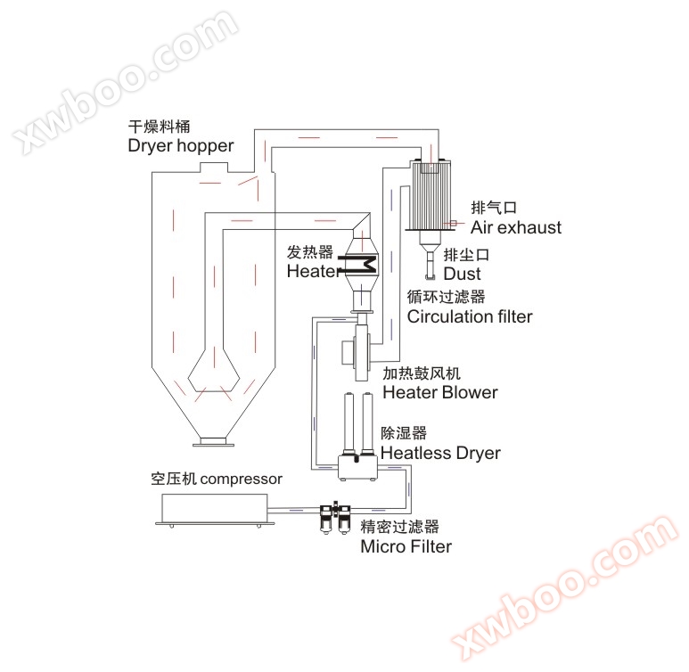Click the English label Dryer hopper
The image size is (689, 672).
181,146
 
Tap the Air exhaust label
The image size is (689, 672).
516,227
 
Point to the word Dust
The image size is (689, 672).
462,274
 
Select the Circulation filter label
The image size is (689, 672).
470,316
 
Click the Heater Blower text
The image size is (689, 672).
440,392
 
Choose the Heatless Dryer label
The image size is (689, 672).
440,453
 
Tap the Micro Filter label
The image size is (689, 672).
406,546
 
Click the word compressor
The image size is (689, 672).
241,479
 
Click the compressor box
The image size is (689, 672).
215,510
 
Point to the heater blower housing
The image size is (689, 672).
357,352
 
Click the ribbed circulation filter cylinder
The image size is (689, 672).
431,194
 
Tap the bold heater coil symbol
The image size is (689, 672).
359,265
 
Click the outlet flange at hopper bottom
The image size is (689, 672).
214,442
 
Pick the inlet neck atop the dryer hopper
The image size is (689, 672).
214,168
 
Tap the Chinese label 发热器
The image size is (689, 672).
310,252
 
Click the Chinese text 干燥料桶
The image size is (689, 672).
159,127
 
